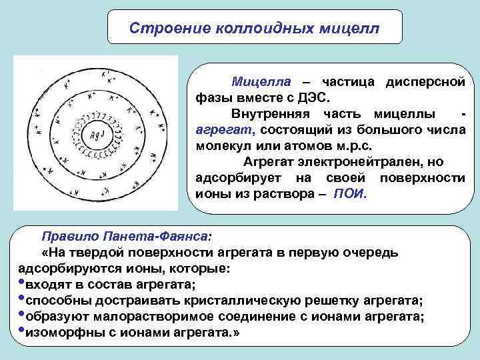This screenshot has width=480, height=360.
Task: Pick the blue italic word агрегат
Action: pos(226,129)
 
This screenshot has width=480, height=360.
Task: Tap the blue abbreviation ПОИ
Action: pos(348,195)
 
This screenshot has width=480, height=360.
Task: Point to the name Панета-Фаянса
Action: pos(156,237)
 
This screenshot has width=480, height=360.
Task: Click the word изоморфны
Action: pos(59,333)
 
